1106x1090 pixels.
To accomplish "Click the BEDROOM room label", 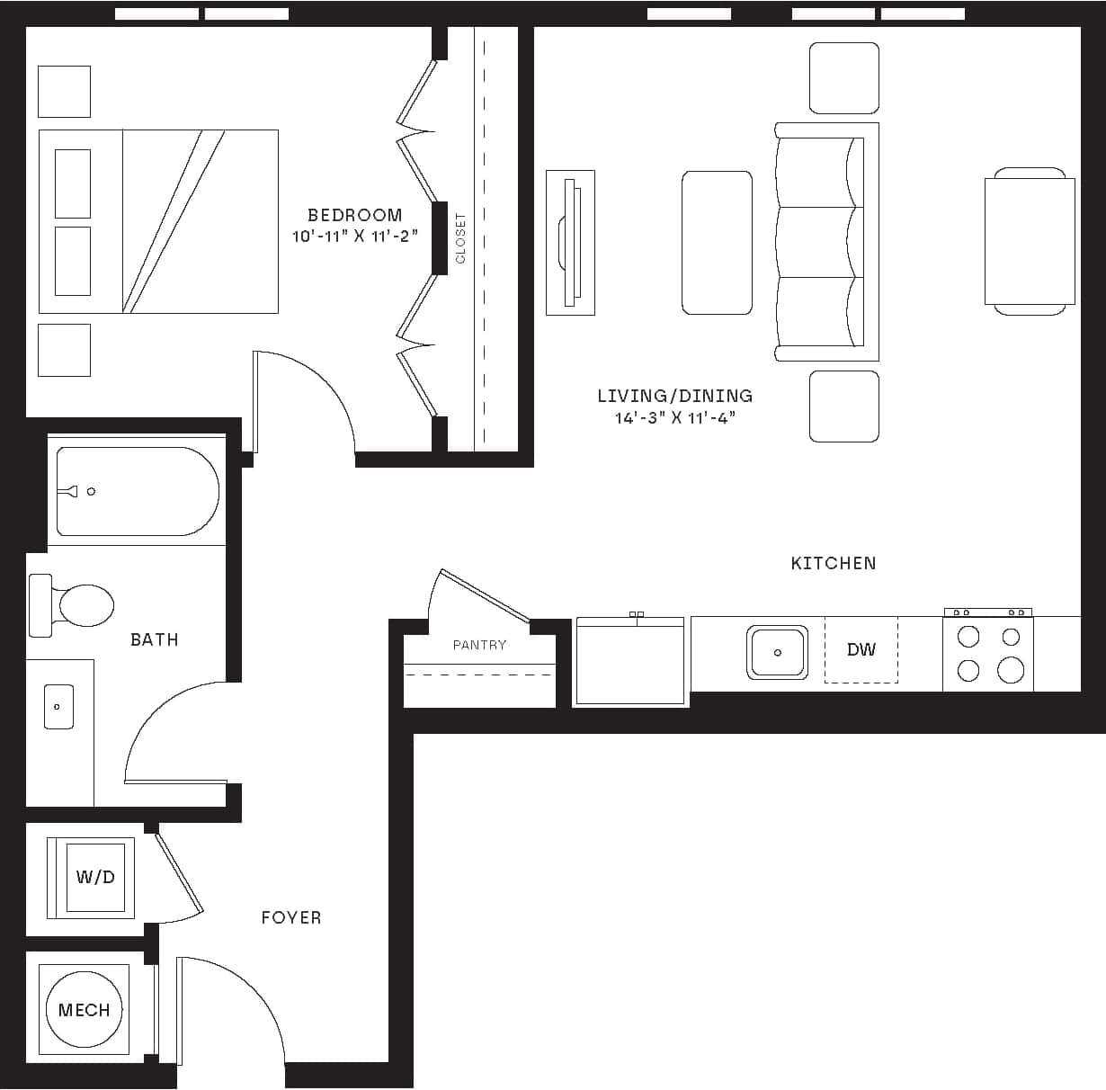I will [354, 215].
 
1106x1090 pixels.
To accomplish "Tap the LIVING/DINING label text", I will [674, 396].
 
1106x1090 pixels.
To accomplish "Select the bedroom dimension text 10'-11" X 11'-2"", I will [354, 237].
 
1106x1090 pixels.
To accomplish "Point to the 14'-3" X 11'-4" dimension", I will [674, 418].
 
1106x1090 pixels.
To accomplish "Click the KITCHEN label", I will [833, 563].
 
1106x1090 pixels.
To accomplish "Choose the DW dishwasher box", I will [861, 649].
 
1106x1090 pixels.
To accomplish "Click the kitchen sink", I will [777, 653].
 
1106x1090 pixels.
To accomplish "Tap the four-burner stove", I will [988, 654].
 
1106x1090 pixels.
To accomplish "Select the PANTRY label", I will [479, 645].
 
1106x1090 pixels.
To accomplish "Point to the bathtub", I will [137, 491].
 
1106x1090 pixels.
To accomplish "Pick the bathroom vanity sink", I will [58, 707].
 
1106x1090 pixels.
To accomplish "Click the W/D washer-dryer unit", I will [94, 877].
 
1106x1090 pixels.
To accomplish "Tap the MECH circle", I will [84, 1010].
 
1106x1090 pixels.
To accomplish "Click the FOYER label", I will [290, 917].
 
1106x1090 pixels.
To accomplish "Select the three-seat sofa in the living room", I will [825, 242].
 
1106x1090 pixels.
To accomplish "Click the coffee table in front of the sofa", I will [717, 243].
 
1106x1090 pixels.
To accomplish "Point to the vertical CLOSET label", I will [461, 237].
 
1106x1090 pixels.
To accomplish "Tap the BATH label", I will [154, 639].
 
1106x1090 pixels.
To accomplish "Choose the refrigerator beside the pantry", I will [630, 661].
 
